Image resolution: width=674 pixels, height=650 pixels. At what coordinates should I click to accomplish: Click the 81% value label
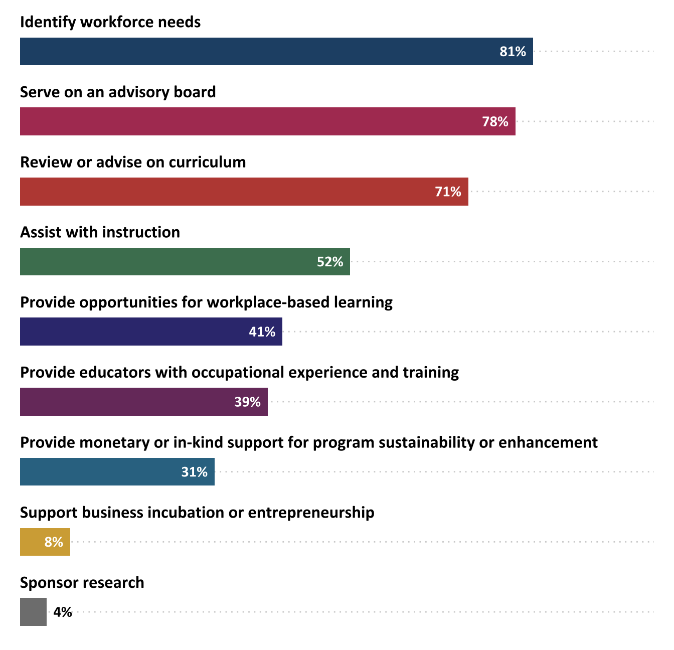click(x=513, y=52)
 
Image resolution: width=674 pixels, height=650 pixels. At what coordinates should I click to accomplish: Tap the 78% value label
click(x=495, y=121)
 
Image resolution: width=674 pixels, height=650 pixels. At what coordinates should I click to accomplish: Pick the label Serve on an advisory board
click(x=118, y=92)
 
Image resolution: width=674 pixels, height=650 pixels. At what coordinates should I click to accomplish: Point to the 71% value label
click(x=448, y=192)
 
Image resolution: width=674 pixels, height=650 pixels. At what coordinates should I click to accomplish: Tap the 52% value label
click(x=330, y=262)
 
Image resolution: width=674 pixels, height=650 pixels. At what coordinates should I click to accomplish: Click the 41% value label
click(x=262, y=332)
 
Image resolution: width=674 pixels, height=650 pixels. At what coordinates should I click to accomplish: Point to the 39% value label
click(x=247, y=402)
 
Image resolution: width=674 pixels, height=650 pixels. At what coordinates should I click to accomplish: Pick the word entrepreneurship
click(x=311, y=513)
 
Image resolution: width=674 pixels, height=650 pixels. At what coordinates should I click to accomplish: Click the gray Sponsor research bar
click(x=33, y=612)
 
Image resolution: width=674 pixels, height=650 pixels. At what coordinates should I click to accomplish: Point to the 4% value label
click(x=63, y=612)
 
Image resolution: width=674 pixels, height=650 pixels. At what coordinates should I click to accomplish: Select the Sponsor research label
click(x=82, y=583)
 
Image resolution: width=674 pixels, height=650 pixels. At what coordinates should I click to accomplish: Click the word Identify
click(x=48, y=23)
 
